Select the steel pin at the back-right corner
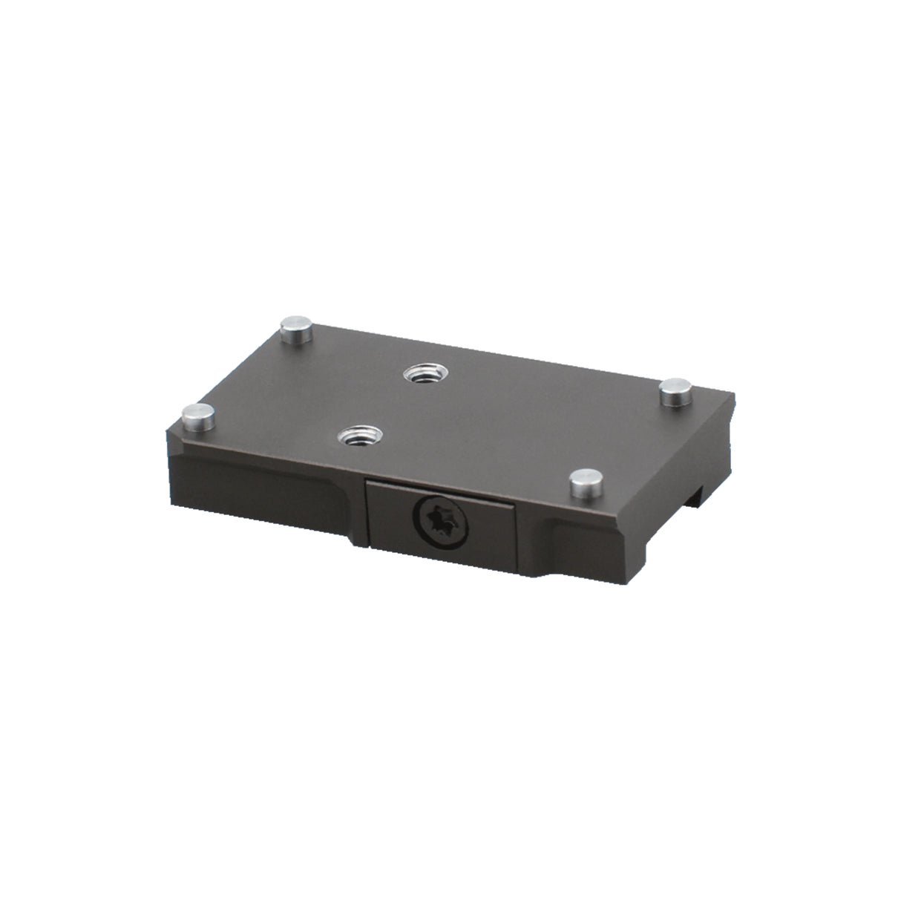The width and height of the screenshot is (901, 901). (x=677, y=390)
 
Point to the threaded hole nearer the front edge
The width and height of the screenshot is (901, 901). (x=357, y=434)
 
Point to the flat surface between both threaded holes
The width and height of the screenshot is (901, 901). (x=387, y=404)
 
